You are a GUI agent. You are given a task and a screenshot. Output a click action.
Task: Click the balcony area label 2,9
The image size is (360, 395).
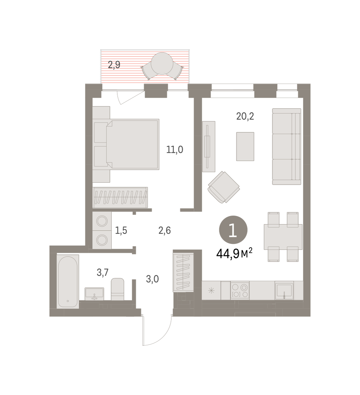[x=114, y=65]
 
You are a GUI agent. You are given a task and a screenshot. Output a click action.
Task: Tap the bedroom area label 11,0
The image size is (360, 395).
[x=175, y=150]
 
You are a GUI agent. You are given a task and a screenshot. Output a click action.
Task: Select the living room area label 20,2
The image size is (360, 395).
[x=245, y=117]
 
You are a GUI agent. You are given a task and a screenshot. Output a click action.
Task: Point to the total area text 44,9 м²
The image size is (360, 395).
[x=234, y=253]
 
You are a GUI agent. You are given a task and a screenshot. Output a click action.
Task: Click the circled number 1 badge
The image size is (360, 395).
[x=233, y=230]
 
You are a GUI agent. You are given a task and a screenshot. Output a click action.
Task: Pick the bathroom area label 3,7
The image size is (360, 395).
[x=102, y=273]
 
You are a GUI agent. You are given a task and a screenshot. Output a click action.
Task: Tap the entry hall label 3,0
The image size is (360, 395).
[x=152, y=279]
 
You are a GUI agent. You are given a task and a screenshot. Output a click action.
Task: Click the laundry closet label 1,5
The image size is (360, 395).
[x=121, y=230]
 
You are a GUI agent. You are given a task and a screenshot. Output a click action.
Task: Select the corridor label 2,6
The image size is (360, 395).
[x=165, y=230]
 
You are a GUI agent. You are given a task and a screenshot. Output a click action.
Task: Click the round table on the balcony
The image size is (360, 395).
[x=162, y=64]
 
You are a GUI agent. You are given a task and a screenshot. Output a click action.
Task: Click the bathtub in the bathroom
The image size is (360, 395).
[x=68, y=281]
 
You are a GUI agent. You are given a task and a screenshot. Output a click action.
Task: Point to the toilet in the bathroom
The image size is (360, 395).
[x=118, y=289]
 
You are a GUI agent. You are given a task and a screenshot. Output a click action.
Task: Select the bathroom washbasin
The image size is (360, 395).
[x=95, y=294]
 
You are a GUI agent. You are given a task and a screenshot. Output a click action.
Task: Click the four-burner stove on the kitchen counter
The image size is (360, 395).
[x=240, y=290]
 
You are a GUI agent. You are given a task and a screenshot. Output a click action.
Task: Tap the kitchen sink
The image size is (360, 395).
[x=284, y=290]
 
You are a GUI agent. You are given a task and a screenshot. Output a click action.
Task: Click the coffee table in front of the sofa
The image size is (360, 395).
[x=245, y=146]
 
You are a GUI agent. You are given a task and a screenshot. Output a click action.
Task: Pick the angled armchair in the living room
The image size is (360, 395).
[x=224, y=187]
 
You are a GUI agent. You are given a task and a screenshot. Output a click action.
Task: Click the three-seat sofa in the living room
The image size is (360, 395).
[x=287, y=146]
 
